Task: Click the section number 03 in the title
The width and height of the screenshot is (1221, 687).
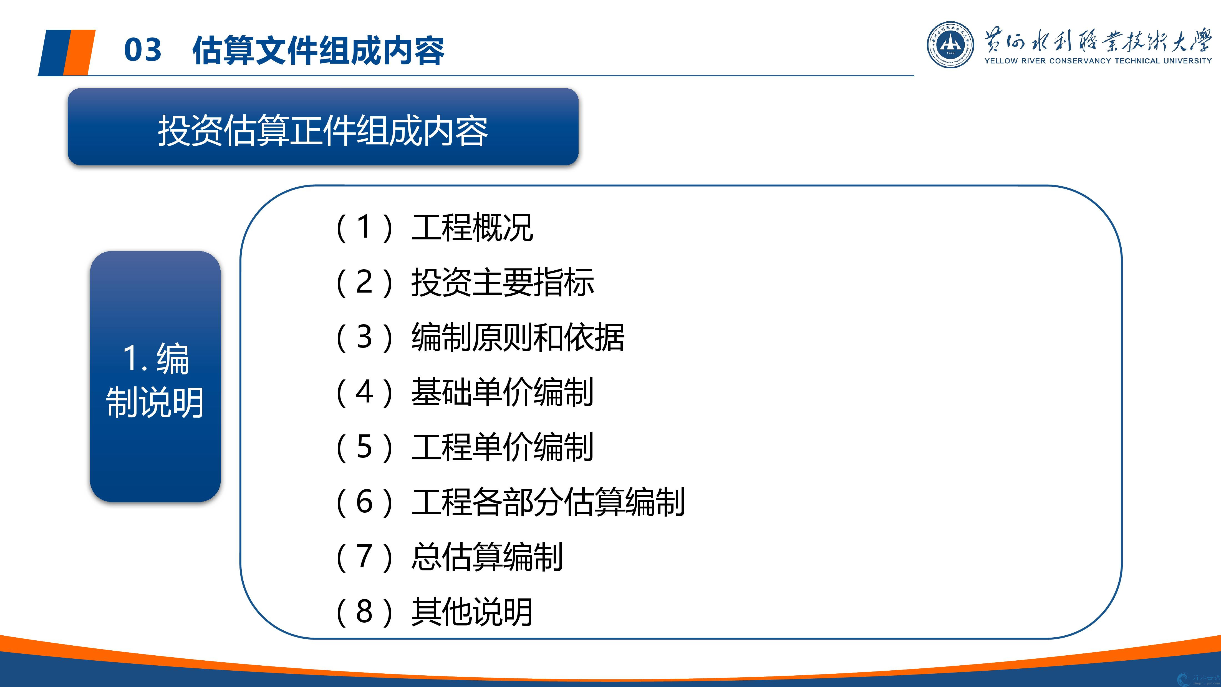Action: click(x=143, y=50)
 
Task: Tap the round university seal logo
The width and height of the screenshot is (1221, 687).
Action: click(x=950, y=45)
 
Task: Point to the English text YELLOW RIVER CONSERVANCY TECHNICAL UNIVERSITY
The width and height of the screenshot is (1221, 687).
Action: click(x=1098, y=61)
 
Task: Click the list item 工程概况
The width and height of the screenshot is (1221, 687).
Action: click(x=472, y=228)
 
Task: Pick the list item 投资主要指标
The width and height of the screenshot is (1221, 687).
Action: click(x=503, y=283)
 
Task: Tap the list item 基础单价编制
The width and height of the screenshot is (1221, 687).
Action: click(x=503, y=392)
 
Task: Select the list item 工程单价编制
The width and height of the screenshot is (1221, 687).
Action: click(x=503, y=447)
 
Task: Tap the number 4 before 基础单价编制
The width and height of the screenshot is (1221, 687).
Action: click(x=364, y=392)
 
